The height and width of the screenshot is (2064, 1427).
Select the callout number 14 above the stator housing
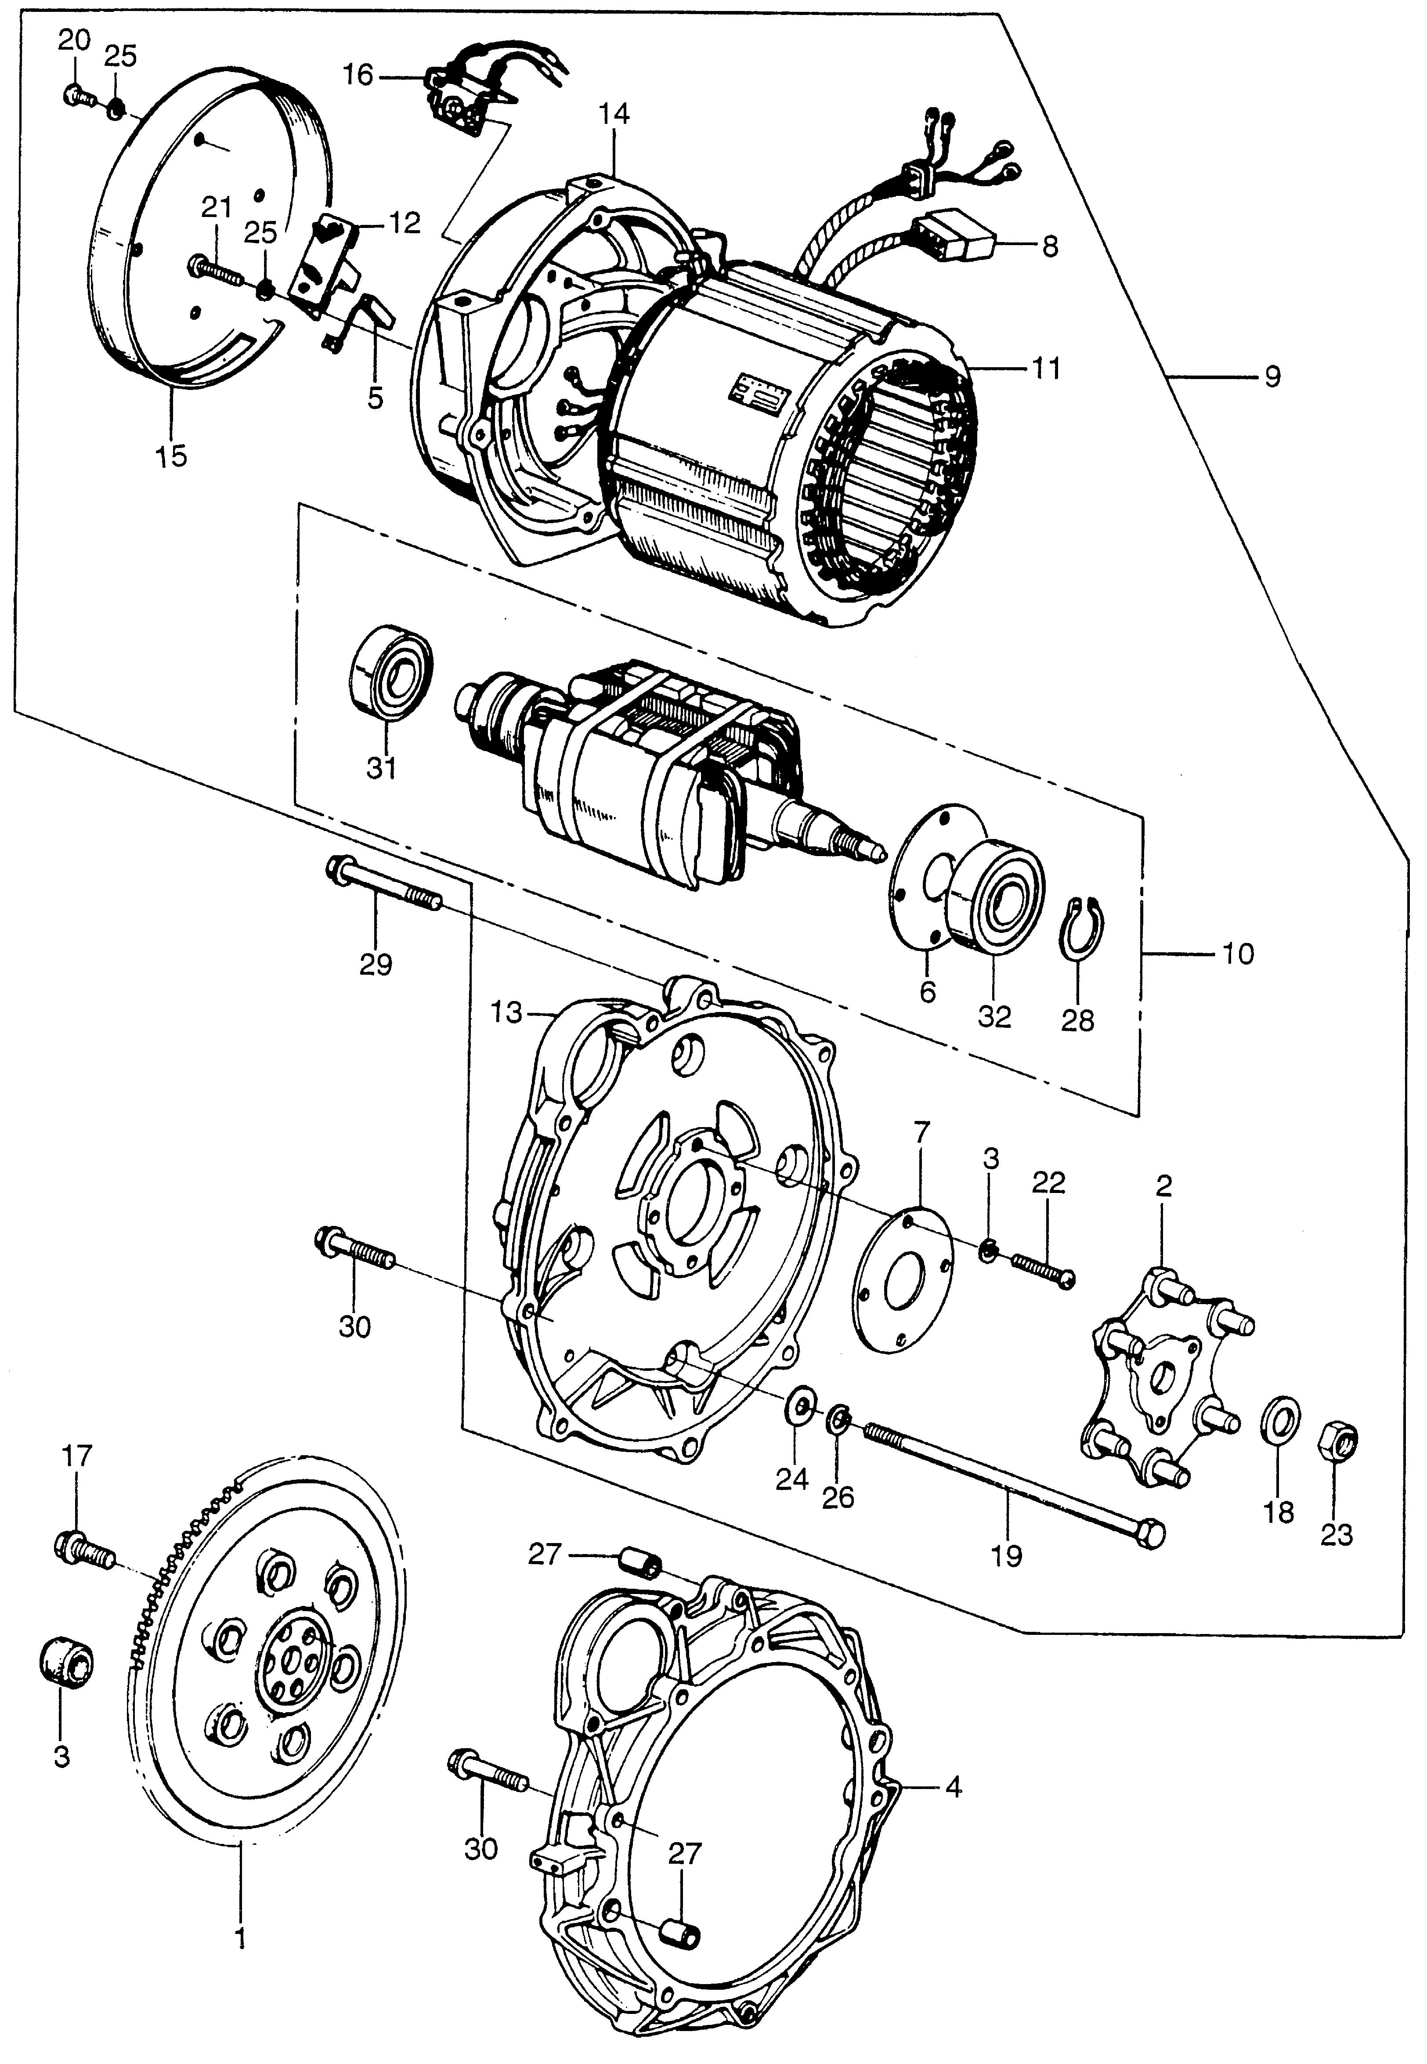[615, 113]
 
